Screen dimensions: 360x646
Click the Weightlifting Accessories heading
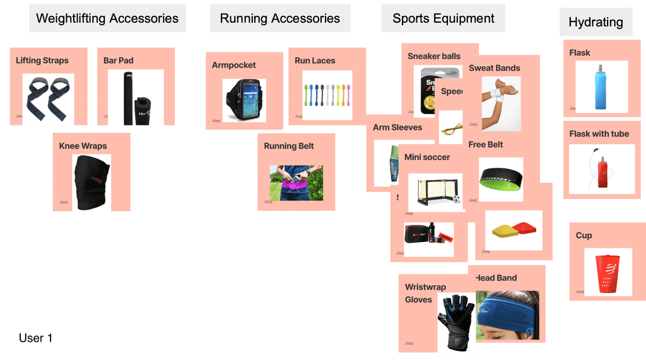pyautogui.click(x=107, y=18)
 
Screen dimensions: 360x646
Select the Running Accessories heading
pyautogui.click(x=279, y=18)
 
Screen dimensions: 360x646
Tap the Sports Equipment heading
pyautogui.click(x=443, y=18)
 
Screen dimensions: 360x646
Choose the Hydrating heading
pyautogui.click(x=596, y=22)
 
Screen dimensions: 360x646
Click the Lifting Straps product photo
pyautogui.click(x=48, y=99)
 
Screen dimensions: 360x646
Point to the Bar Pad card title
pyautogui.click(x=119, y=61)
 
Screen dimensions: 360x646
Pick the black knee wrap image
pyautogui.click(x=91, y=182)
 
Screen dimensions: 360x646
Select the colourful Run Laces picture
pyautogui.click(x=326, y=94)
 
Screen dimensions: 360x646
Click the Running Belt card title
pyautogui.click(x=288, y=146)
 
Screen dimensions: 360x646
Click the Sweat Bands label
pyautogui.click(x=494, y=68)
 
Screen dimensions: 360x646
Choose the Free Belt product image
pyautogui.click(x=500, y=178)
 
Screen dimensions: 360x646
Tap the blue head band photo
pyautogui.click(x=507, y=315)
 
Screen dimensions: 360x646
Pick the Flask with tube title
pyautogui.click(x=599, y=134)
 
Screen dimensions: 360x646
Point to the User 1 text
pyautogui.click(x=35, y=338)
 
